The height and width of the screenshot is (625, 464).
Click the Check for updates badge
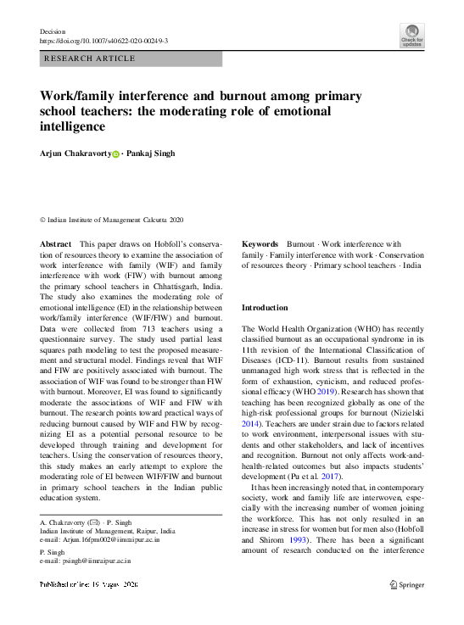(x=411, y=36)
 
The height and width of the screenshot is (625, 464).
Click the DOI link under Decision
(x=104, y=41)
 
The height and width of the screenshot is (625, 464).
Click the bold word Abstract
(x=56, y=243)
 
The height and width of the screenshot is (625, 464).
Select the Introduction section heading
(x=265, y=307)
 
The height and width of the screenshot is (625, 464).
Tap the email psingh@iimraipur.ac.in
(x=87, y=561)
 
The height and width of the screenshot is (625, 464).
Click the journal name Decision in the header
(x=53, y=31)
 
